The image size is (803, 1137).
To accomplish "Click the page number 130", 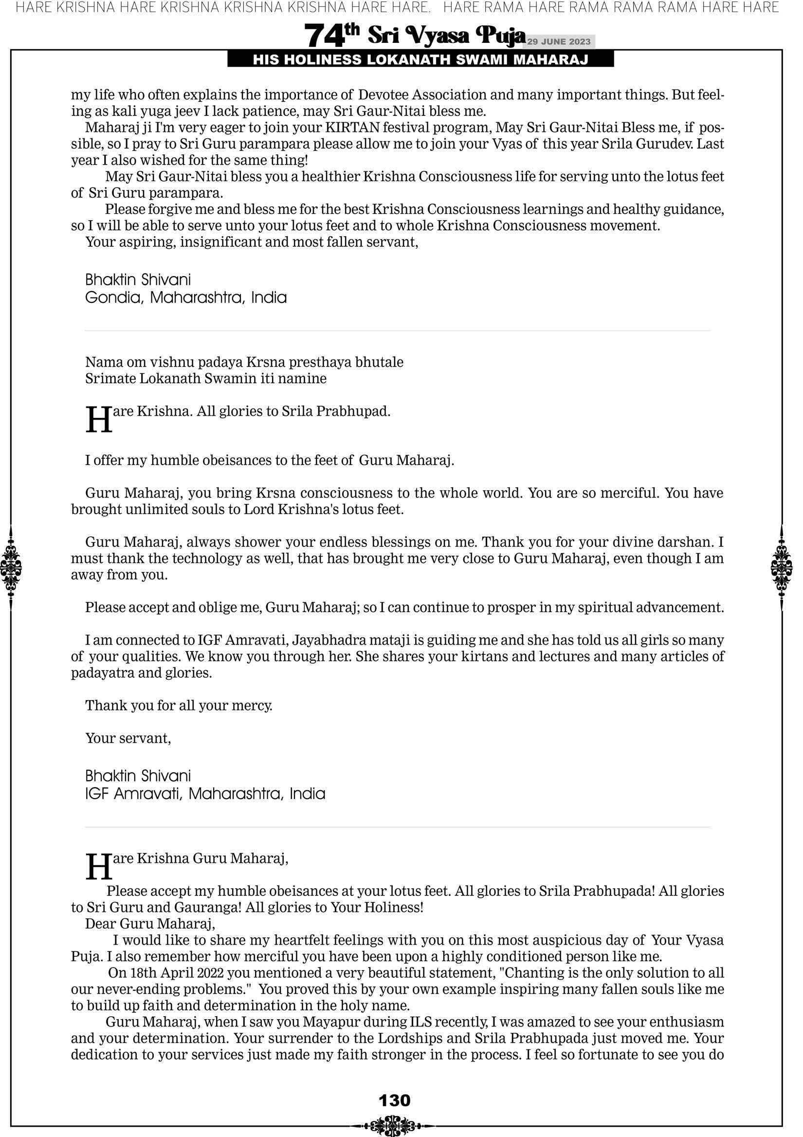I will (394, 1100).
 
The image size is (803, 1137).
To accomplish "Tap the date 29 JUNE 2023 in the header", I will (559, 41).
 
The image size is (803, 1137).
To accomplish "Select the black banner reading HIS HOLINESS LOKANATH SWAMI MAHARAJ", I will (420, 60).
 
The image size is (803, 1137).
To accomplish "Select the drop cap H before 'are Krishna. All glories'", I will (98, 420).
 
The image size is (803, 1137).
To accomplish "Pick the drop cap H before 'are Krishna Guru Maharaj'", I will (98, 867).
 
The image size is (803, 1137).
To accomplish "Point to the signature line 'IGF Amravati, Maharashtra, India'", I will (205, 794).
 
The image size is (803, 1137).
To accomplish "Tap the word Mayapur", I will (329, 1022).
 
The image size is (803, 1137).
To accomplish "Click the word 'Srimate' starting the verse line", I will (110, 379).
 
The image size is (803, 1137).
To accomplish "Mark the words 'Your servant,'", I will (128, 738).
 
